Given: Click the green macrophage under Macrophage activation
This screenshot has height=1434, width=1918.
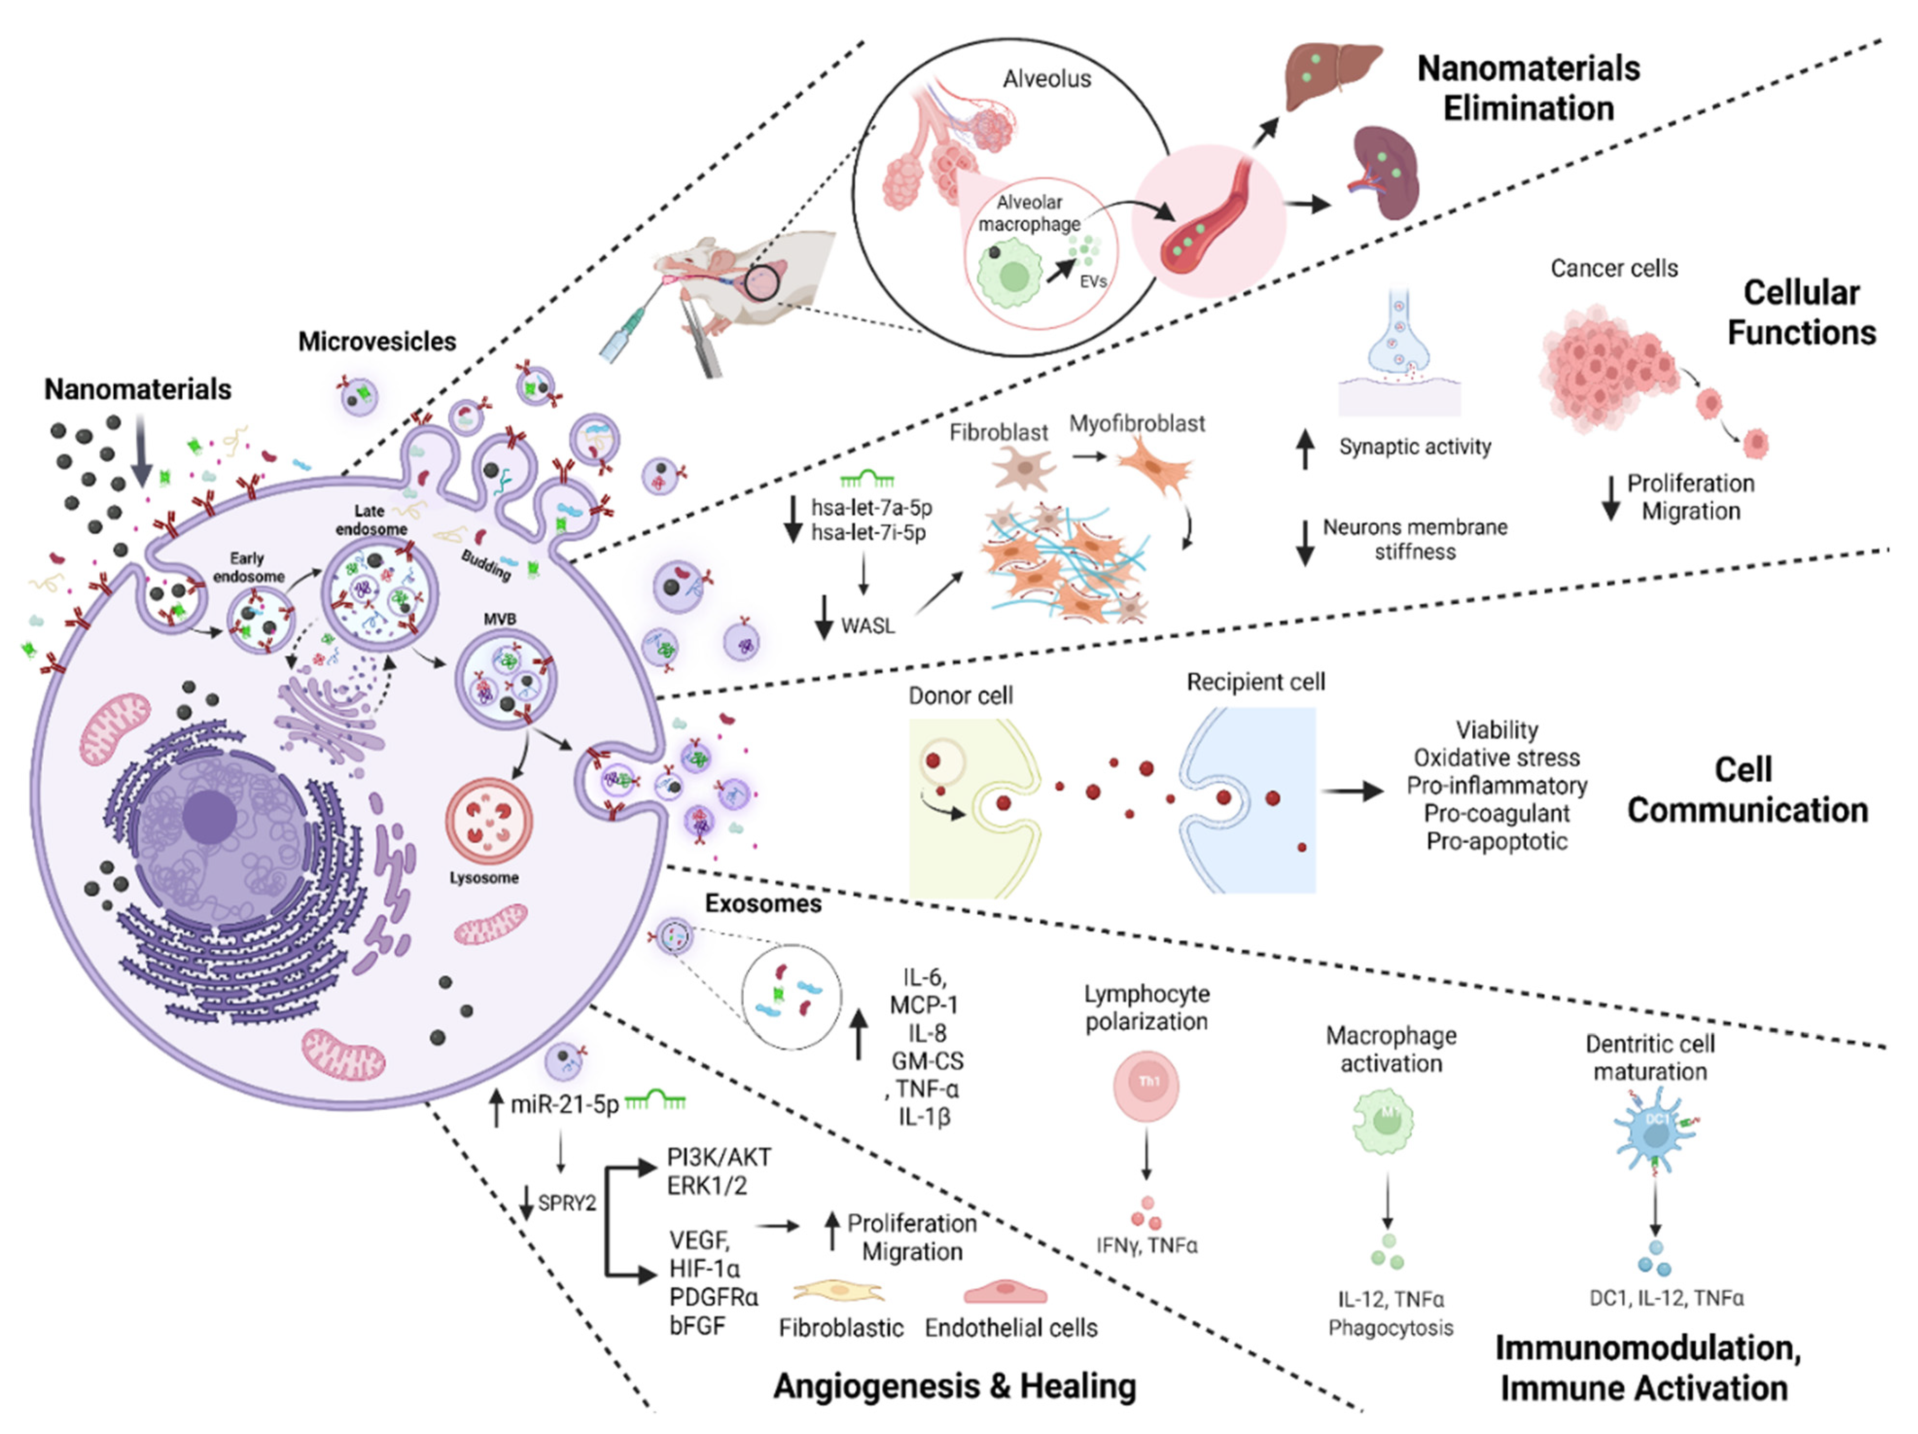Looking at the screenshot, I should pos(1383,1121).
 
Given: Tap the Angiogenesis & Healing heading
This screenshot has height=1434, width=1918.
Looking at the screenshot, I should pos(954,1385).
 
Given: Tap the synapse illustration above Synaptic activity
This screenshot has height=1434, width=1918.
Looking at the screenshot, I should pos(1399,355).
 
